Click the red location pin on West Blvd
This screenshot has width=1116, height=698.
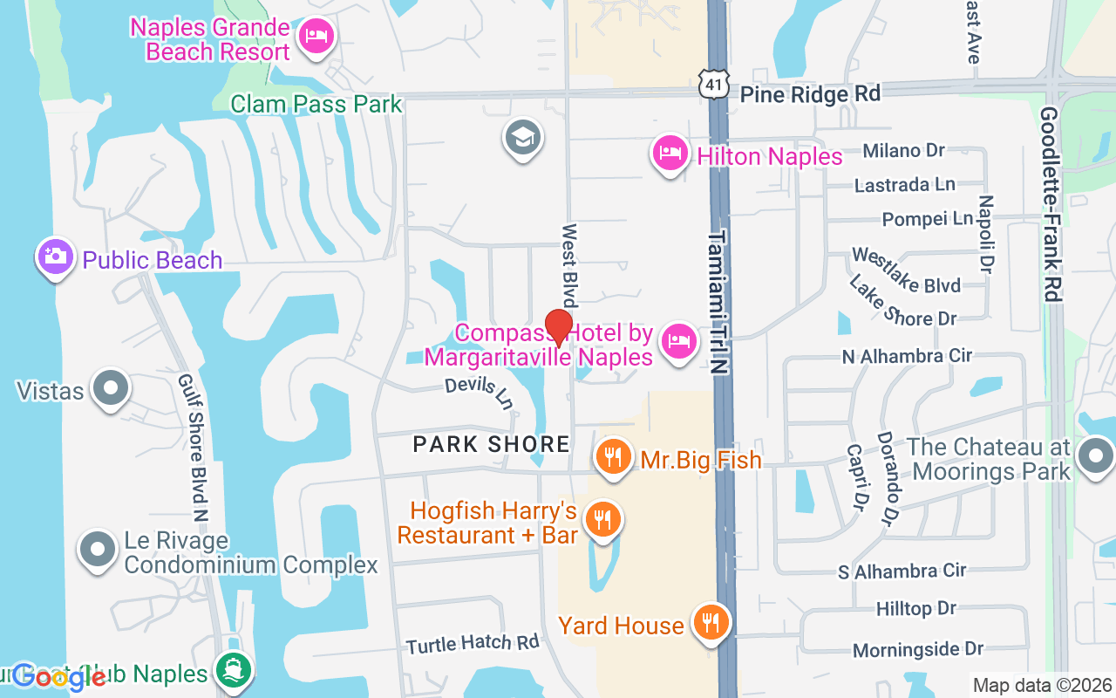[x=558, y=327]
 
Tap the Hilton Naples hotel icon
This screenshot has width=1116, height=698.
[x=669, y=154]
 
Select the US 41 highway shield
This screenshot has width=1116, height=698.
[x=715, y=84]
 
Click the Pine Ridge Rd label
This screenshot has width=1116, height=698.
[x=810, y=92]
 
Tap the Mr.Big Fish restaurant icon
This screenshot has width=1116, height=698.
[x=615, y=456]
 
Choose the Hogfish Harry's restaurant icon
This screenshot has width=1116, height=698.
[x=602, y=519]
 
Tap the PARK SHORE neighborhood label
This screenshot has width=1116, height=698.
[x=492, y=444]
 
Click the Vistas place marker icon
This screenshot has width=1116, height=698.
[x=112, y=387]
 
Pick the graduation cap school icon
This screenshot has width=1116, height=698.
[x=523, y=137]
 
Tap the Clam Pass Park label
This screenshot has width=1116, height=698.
[x=316, y=105]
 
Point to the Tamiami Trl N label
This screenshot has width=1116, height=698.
[x=718, y=302]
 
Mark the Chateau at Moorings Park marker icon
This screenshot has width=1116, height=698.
[x=1095, y=456]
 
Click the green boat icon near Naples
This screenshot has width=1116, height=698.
[x=233, y=670]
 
